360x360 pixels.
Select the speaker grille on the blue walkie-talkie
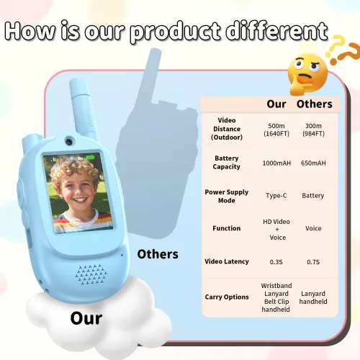90,274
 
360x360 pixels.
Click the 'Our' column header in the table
276,104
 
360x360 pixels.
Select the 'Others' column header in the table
315,104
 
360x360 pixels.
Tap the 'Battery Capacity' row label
227,163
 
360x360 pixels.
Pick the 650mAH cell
313,163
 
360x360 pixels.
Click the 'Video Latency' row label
227,261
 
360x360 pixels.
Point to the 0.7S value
313,261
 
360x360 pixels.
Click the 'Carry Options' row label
227,297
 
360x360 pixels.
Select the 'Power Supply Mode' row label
227,196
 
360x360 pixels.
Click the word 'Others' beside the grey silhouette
158,253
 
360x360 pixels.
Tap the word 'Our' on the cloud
86,318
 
